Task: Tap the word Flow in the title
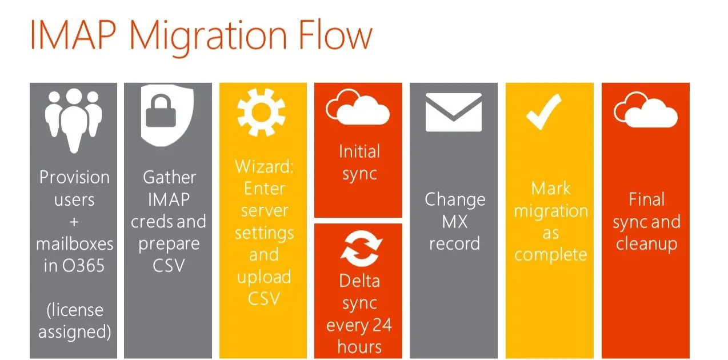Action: [335, 34]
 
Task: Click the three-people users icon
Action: [74, 120]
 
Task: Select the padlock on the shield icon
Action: [161, 111]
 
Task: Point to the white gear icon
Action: [261, 112]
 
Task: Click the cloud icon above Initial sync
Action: [358, 107]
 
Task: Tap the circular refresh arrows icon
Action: [361, 248]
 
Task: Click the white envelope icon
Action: [453, 112]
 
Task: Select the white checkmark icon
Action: [544, 112]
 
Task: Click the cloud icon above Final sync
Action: [646, 110]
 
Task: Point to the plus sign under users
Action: [74, 222]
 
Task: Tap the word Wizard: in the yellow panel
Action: [264, 166]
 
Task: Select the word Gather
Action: [169, 177]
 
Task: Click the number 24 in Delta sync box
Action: [382, 325]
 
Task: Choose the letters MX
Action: [454, 222]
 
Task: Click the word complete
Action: [550, 255]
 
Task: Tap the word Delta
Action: [359, 281]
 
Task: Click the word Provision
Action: [74, 177]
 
